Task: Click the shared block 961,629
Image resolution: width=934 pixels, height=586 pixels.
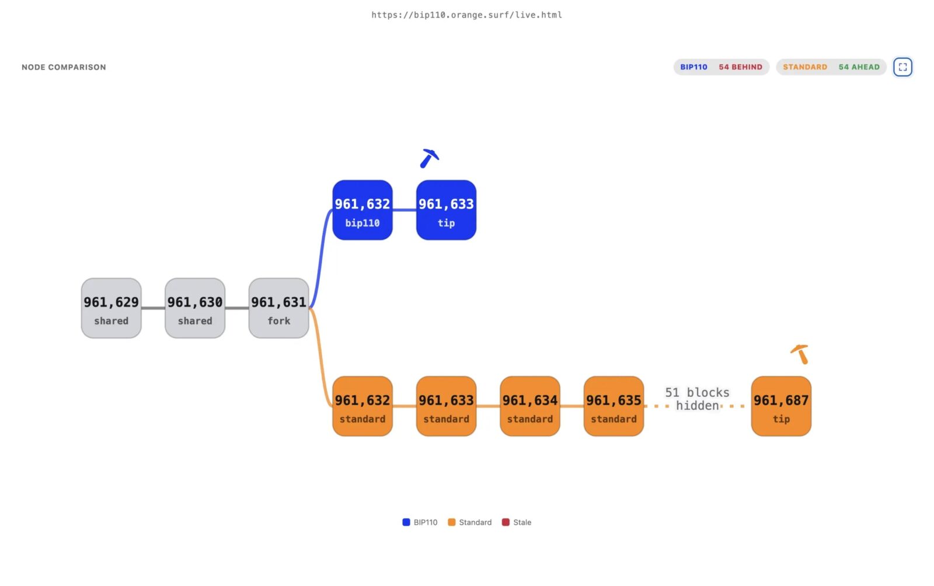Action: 111,308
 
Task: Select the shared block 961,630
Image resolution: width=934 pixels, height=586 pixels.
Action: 195,308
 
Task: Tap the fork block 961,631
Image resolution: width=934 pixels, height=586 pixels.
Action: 278,308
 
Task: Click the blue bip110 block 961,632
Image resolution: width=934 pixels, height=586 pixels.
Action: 363,210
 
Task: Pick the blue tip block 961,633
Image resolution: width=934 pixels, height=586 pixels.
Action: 446,210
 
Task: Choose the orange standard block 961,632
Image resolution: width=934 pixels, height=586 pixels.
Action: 363,406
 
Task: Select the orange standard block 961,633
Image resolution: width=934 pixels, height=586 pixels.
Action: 446,406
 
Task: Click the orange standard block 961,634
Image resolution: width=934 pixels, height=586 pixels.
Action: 530,406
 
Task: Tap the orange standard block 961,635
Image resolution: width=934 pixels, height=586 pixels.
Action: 614,406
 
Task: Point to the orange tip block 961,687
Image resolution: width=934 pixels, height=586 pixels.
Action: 781,406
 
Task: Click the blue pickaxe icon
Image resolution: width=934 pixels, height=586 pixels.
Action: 428,159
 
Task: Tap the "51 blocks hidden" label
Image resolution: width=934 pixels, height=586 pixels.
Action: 697,399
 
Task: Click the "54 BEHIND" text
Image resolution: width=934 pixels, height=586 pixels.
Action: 741,67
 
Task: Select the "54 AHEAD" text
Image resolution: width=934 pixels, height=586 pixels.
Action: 859,67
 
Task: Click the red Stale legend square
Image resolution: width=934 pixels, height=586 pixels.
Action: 506,522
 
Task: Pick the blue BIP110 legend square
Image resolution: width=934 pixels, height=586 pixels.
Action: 406,522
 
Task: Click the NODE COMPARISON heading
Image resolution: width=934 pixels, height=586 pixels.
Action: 64,67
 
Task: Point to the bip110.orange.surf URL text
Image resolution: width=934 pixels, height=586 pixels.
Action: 466,15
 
